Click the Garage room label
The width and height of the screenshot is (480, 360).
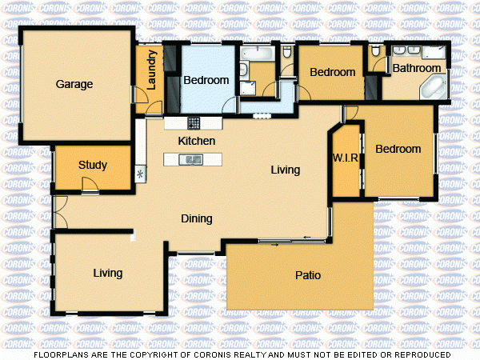74,84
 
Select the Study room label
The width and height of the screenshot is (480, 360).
93,166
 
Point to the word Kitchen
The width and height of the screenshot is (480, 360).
197,141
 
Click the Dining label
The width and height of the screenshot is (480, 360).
196,218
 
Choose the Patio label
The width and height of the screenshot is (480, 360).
308,275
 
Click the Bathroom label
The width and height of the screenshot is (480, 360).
417,69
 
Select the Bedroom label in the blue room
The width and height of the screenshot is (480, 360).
206,80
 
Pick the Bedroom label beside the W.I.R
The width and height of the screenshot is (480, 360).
398,149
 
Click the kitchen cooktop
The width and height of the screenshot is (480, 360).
194,123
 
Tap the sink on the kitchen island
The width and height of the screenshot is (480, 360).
193,160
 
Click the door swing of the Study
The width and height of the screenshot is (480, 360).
90,185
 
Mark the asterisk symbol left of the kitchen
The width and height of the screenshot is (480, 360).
141,173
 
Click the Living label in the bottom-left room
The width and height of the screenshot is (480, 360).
107,273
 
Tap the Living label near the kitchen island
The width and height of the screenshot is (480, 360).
285,170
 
